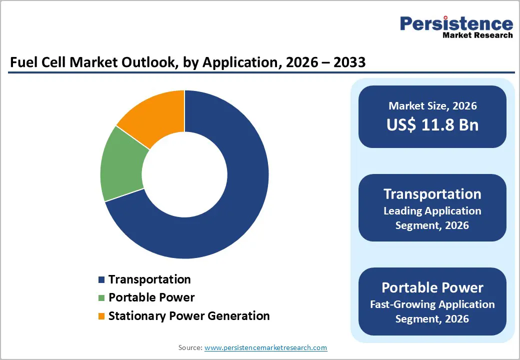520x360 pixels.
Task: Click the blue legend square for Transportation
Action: click(x=102, y=280)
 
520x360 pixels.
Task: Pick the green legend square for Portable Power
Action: click(x=102, y=298)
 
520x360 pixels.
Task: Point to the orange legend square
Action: click(x=102, y=316)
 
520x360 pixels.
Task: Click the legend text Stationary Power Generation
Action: click(x=189, y=316)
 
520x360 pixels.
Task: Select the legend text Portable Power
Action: click(x=151, y=297)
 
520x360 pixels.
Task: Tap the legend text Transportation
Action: click(x=149, y=279)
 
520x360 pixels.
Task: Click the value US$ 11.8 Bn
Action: click(x=432, y=125)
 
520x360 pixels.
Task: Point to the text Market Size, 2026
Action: click(x=432, y=106)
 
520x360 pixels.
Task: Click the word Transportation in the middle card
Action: click(x=432, y=194)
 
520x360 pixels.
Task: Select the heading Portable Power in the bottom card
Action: click(x=432, y=287)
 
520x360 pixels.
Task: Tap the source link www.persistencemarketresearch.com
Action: click(x=265, y=347)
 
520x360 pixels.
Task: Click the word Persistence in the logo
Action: click(x=456, y=23)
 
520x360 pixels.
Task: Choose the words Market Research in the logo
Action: click(x=477, y=35)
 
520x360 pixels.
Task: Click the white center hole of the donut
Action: click(x=184, y=174)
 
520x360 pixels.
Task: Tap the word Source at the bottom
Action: click(x=190, y=347)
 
